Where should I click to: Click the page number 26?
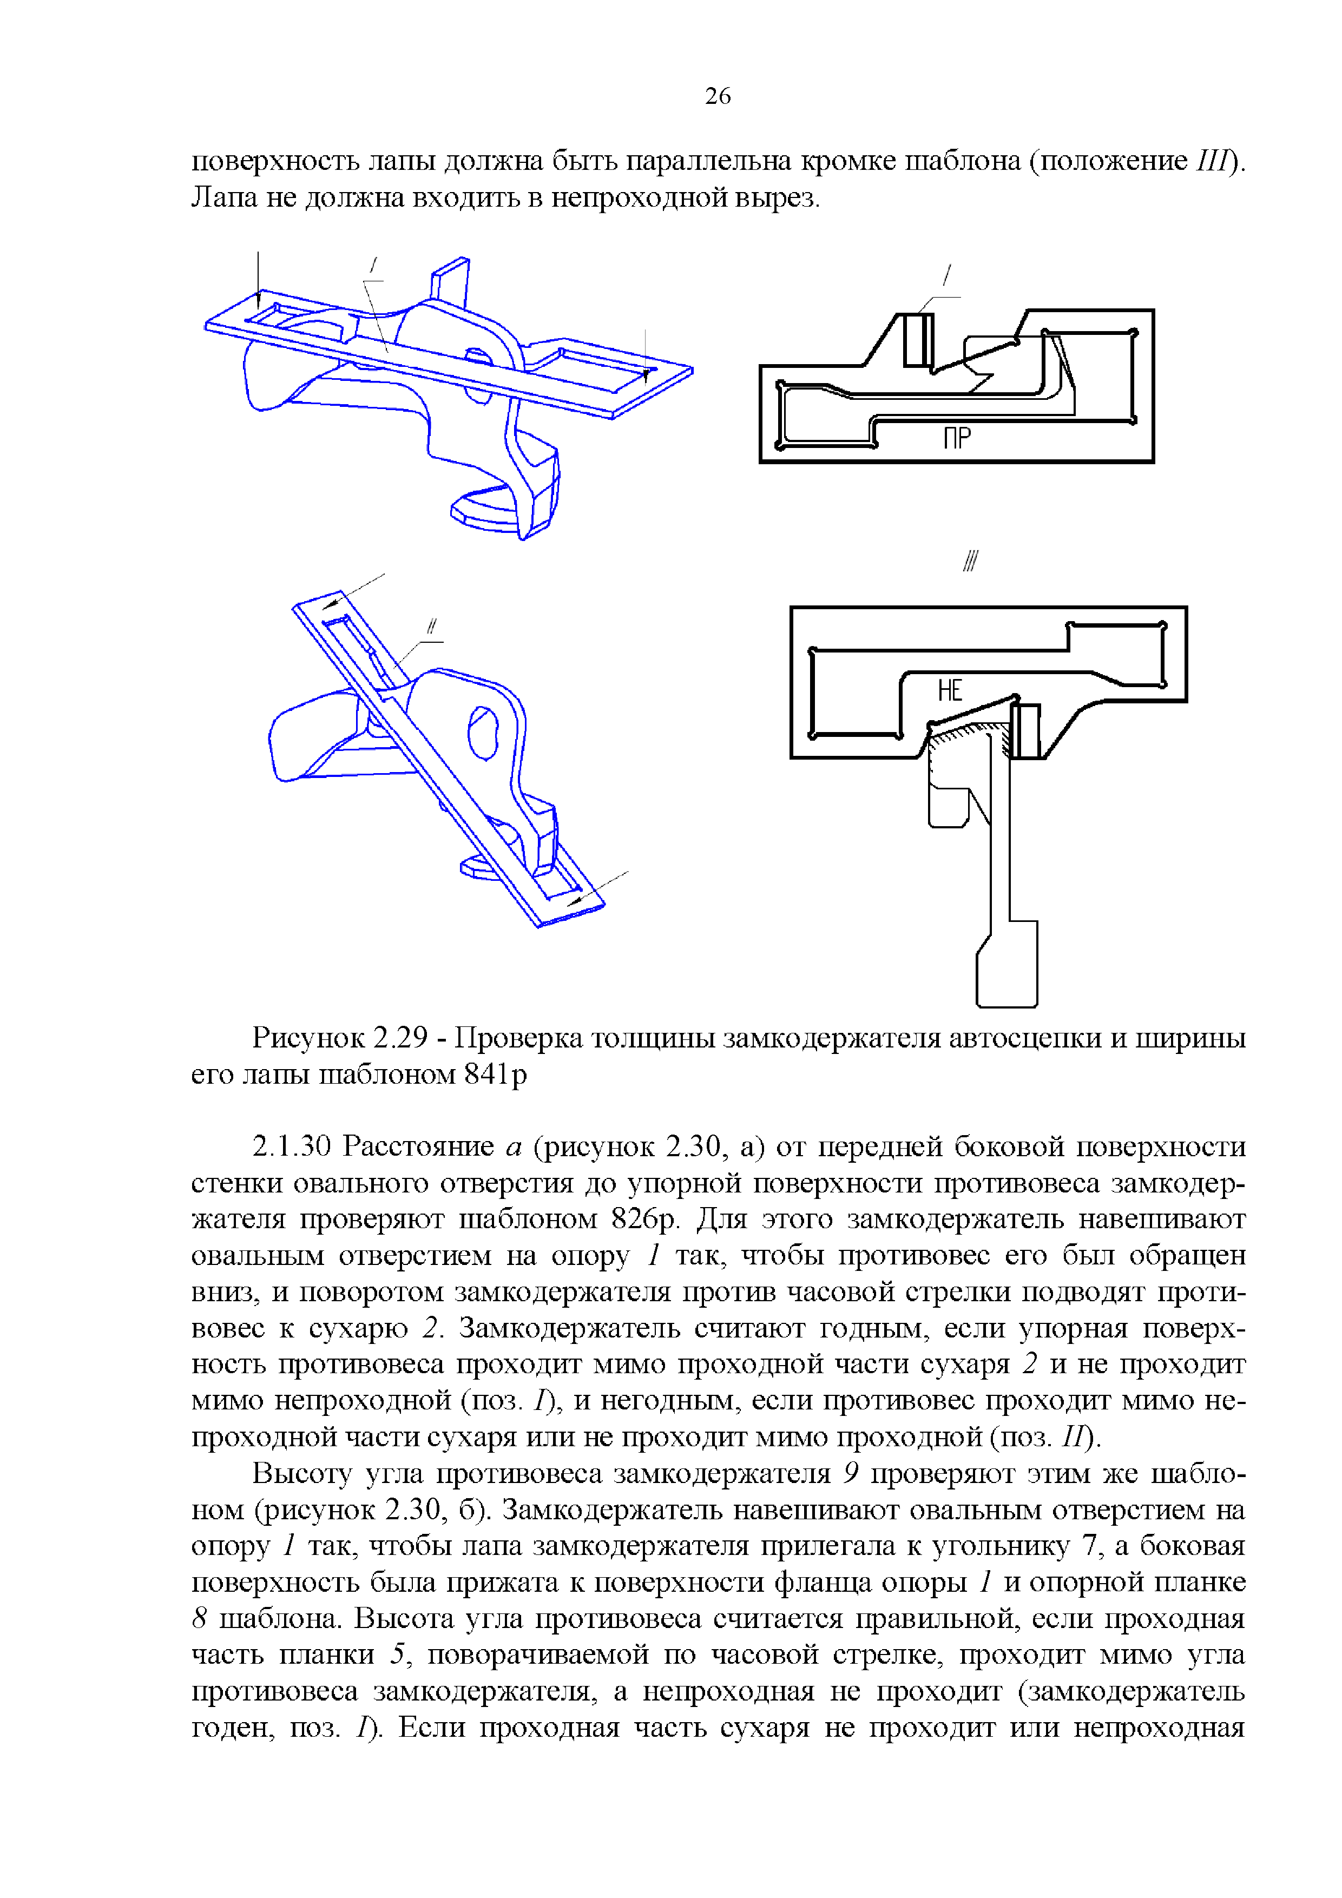[717, 96]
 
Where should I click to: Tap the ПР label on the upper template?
[957, 438]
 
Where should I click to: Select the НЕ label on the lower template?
[950, 690]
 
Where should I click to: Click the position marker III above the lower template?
[970, 562]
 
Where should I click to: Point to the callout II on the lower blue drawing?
[431, 628]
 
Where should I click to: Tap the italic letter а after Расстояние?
[512, 1148]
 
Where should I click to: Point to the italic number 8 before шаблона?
[199, 1619]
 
